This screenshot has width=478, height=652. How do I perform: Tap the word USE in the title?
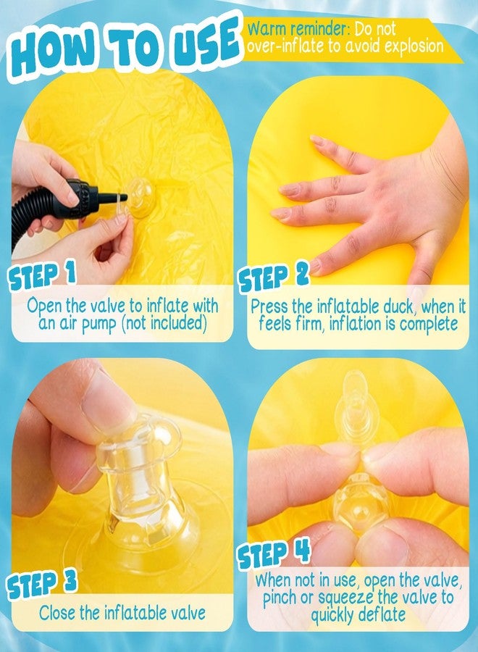pyautogui.click(x=208, y=41)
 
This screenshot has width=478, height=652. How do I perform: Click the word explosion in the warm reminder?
pyautogui.click(x=414, y=46)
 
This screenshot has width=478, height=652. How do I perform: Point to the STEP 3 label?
pyautogui.click(x=41, y=584)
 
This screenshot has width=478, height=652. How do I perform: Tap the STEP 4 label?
pyautogui.click(x=274, y=554)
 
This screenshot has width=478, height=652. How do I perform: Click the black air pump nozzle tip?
pyautogui.click(x=122, y=196)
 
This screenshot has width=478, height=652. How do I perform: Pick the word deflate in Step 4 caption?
pyautogui.click(x=381, y=614)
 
